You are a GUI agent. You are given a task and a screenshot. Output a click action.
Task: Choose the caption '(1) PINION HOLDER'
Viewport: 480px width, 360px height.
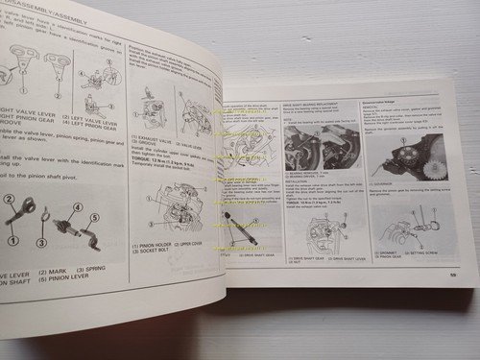pos(148,247)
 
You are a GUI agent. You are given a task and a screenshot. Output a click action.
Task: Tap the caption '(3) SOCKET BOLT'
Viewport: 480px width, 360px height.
pos(148,253)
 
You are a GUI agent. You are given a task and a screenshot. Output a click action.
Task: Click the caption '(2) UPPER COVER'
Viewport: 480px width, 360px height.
pos(192,247)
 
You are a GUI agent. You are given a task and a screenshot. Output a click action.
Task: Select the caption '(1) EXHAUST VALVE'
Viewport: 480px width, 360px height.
pos(149,139)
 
